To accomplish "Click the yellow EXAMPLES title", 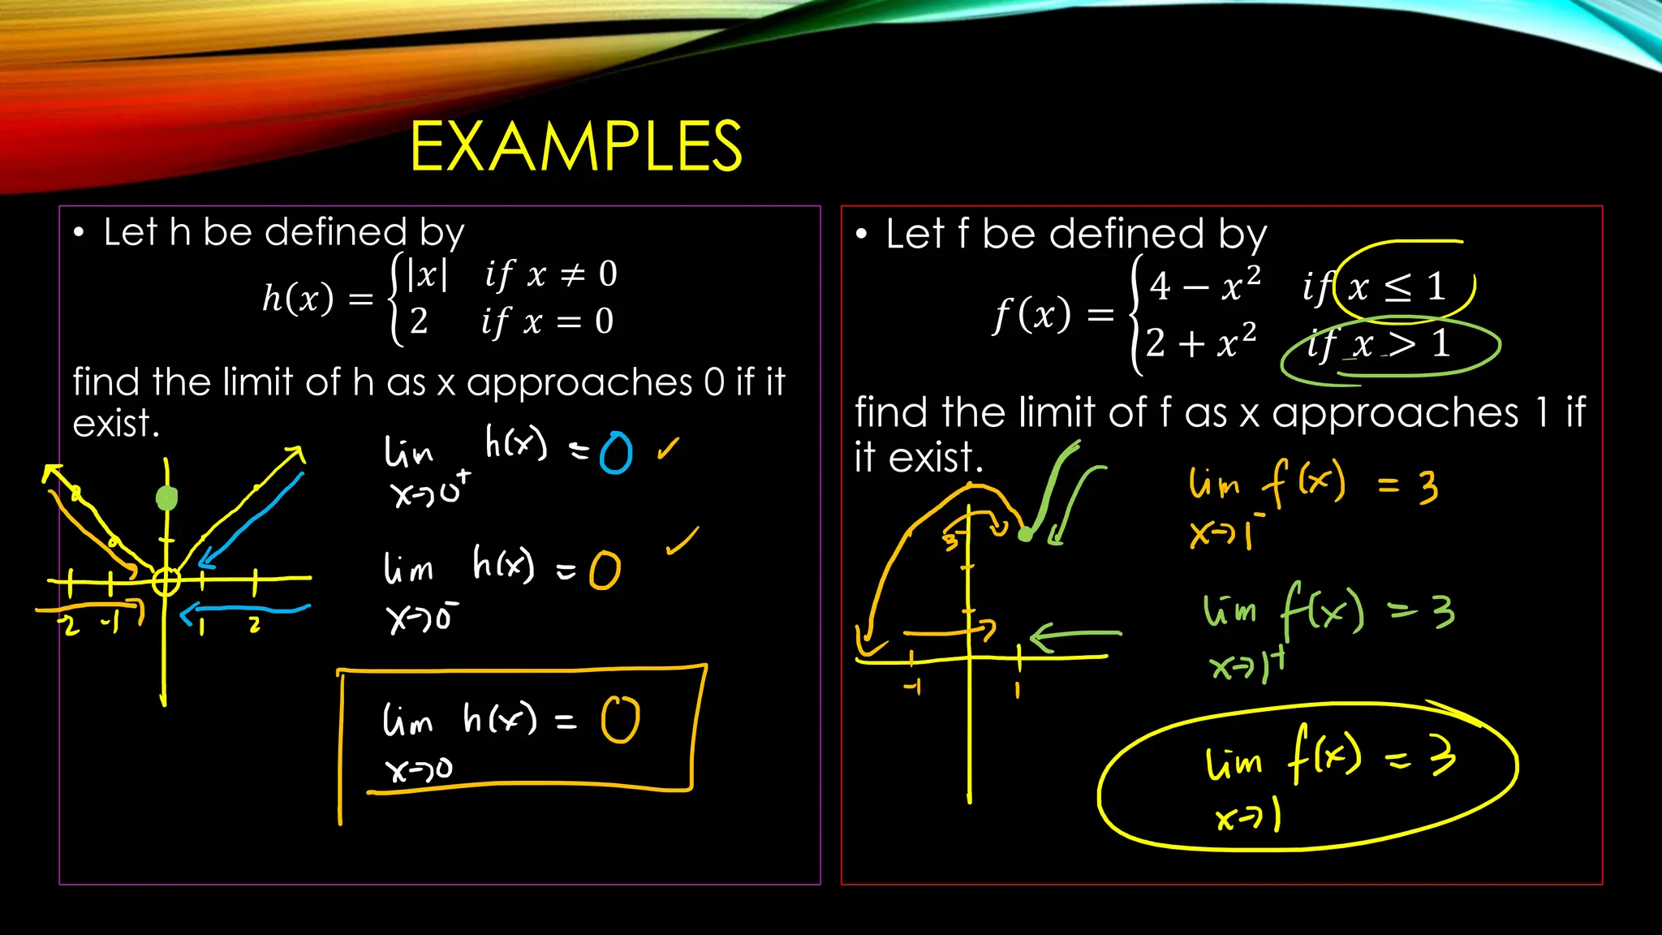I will pyautogui.click(x=576, y=146).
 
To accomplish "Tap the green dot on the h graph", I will pyautogui.click(x=166, y=498).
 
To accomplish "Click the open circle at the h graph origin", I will pyautogui.click(x=166, y=581).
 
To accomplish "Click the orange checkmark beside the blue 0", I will pyautogui.click(x=668, y=449).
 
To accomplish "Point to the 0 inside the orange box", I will pyautogui.click(x=621, y=720).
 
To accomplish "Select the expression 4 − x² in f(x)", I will pyautogui.click(x=1205, y=285).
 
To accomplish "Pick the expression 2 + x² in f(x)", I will pyautogui.click(x=1202, y=343).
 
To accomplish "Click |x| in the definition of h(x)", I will pyautogui.click(x=427, y=274).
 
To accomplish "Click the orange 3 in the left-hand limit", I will pyautogui.click(x=1428, y=487).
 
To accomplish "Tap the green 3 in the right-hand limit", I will pyautogui.click(x=1443, y=611).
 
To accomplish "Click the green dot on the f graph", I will pyautogui.click(x=1026, y=534).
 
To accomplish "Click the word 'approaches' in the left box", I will pyautogui.click(x=579, y=382).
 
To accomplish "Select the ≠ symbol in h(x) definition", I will pyautogui.click(x=573, y=274).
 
